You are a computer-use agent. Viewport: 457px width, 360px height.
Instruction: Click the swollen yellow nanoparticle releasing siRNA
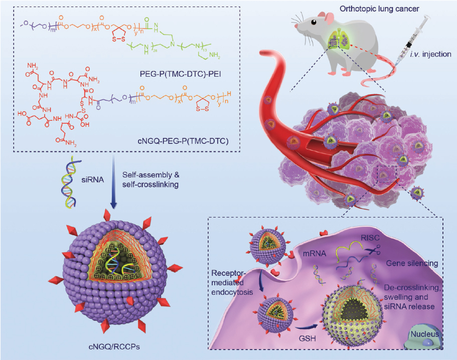coord(357,314)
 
